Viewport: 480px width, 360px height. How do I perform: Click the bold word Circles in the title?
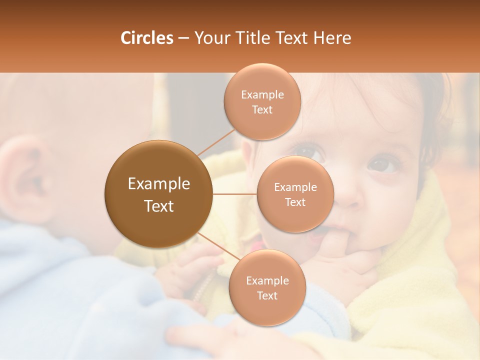point(146,38)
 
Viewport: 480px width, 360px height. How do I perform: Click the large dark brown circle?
point(158,194)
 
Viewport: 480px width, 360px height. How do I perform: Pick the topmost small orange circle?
point(262,101)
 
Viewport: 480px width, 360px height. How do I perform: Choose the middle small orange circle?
point(295,194)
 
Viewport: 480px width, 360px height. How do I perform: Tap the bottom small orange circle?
point(267,287)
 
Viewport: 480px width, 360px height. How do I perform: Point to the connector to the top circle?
point(216,142)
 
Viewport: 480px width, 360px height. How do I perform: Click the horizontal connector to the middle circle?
point(235,194)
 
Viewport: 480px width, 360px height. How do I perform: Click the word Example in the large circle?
point(158,184)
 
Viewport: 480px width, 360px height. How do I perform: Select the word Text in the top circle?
point(262,109)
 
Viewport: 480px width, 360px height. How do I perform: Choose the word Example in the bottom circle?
point(267,280)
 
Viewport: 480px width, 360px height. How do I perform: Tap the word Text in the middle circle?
point(295,202)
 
